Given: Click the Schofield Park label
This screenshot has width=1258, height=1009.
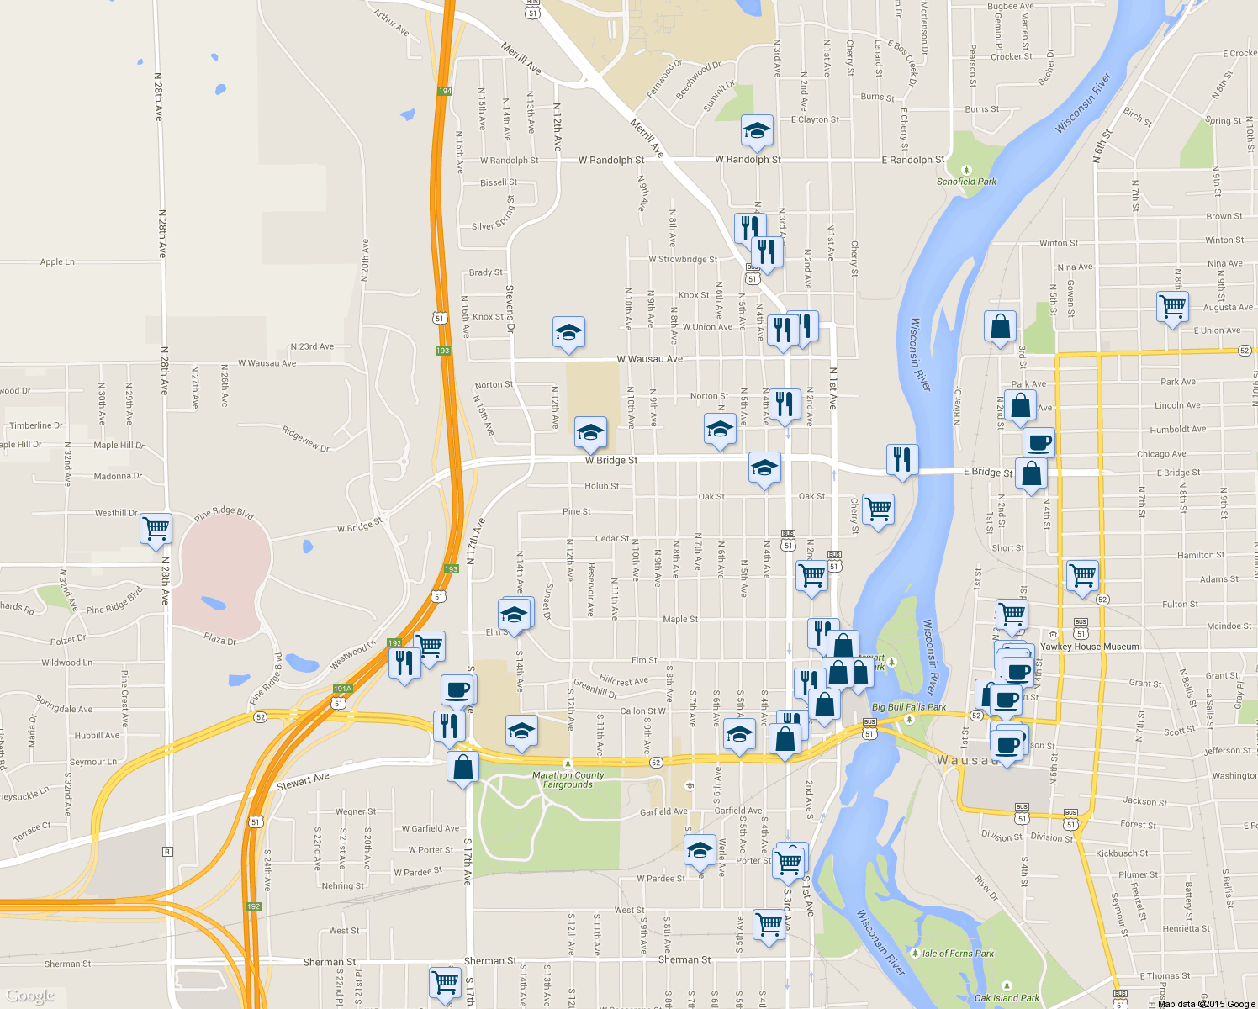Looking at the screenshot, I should pyautogui.click(x=966, y=182).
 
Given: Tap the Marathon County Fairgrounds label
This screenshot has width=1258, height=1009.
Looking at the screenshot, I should pyautogui.click(x=568, y=780).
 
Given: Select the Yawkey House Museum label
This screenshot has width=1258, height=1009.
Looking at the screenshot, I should pyautogui.click(x=1090, y=647).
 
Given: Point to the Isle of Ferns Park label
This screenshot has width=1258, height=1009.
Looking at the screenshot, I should pyautogui.click(x=958, y=954).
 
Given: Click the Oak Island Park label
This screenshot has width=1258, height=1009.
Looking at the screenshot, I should pyautogui.click(x=1007, y=998).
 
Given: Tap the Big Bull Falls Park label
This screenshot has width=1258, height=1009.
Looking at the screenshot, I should pyautogui.click(x=909, y=707).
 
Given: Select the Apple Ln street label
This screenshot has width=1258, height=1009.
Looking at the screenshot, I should pyautogui.click(x=57, y=262).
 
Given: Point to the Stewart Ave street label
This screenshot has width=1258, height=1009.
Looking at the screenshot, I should pyautogui.click(x=303, y=782).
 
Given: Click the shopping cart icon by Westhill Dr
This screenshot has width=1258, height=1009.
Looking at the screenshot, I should pyautogui.click(x=156, y=529).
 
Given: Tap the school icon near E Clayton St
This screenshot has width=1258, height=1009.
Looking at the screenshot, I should pyautogui.click(x=757, y=131).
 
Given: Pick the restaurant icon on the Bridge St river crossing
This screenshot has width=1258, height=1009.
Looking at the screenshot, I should pyautogui.click(x=901, y=459).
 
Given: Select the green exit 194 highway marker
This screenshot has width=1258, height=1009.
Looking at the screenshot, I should pyautogui.click(x=445, y=91).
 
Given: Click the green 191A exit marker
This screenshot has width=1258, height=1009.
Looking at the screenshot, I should pyautogui.click(x=342, y=689).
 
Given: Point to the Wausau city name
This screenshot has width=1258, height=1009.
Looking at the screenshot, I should pyautogui.click(x=964, y=760).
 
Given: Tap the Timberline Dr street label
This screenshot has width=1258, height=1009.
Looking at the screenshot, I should pyautogui.click(x=36, y=425).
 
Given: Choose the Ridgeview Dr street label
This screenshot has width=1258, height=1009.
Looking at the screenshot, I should pyautogui.click(x=305, y=438).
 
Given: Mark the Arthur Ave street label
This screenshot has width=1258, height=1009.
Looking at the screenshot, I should pyautogui.click(x=391, y=23).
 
